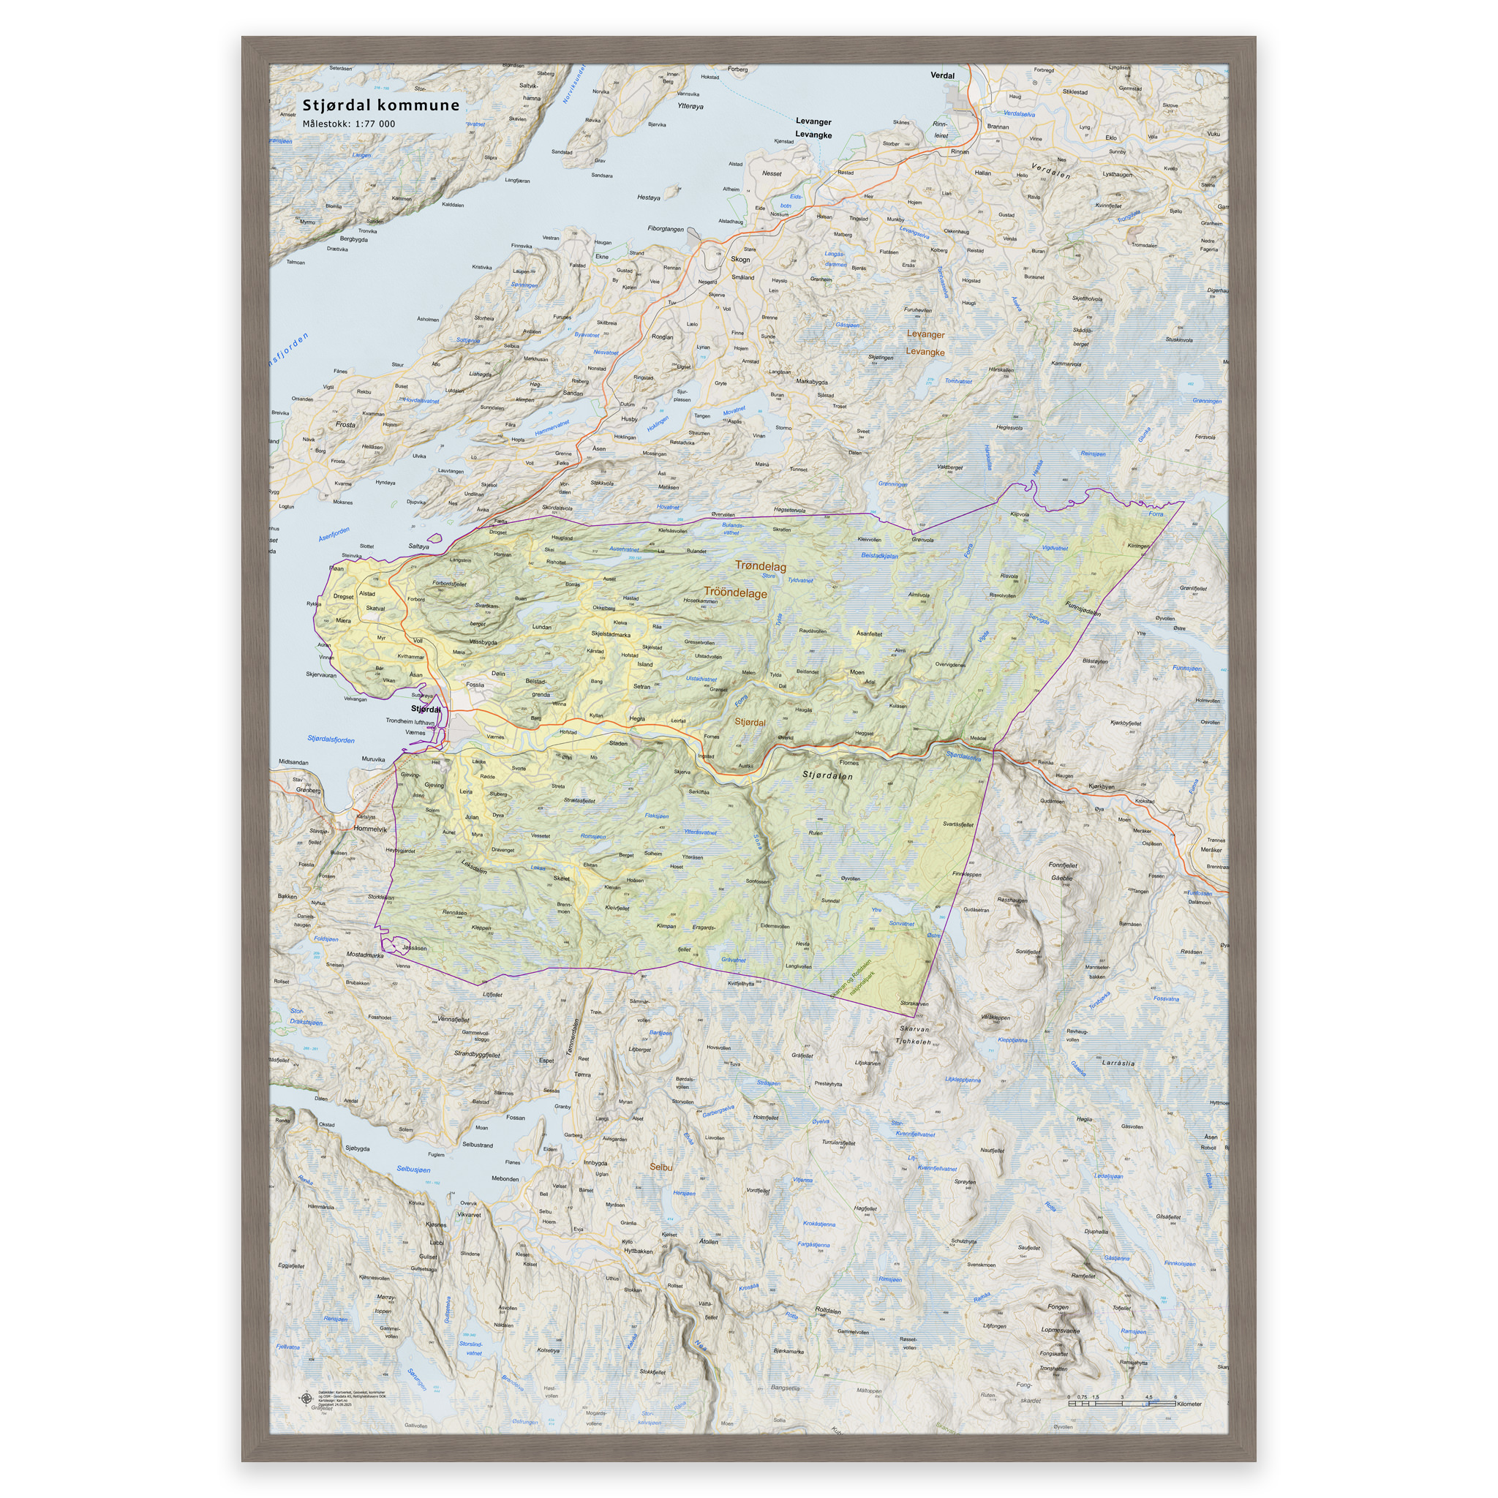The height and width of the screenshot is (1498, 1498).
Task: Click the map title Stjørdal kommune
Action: coord(380,105)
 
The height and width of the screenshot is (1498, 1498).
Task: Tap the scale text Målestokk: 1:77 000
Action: coord(348,124)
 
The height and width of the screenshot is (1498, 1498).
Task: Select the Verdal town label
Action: coord(942,76)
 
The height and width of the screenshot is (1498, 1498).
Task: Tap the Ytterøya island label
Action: coord(689,106)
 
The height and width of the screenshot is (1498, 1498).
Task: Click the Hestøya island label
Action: coord(648,197)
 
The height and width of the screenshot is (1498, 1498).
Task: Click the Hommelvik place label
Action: coord(369,829)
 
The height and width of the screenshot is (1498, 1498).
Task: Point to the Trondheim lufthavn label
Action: coord(410,721)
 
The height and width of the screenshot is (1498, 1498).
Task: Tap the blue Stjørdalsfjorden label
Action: coord(331,739)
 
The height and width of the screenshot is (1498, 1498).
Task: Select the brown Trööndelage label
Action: coord(735,593)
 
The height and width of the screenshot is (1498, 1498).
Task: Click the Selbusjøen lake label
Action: coord(413,1170)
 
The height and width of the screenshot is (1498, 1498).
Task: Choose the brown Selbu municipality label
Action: coord(660,1167)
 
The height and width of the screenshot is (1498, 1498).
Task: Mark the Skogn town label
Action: coord(740,260)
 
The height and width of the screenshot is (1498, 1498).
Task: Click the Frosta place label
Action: coord(345,425)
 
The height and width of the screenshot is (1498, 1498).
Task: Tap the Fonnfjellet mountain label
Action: coord(1062,865)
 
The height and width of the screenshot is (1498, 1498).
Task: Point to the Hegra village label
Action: coord(636,719)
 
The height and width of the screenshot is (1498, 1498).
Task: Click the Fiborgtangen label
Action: coord(666,229)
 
